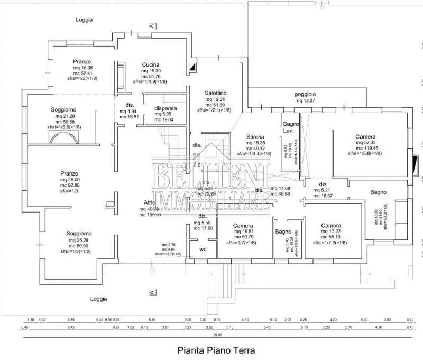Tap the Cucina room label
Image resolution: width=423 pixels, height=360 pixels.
point(151,64)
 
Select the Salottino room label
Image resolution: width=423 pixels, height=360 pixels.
point(216,93)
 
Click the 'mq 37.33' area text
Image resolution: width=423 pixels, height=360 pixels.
point(366,143)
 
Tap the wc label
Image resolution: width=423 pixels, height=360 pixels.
point(203,249)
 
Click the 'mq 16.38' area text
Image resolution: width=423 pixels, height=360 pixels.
point(84,68)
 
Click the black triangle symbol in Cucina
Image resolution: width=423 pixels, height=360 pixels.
point(191,67)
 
